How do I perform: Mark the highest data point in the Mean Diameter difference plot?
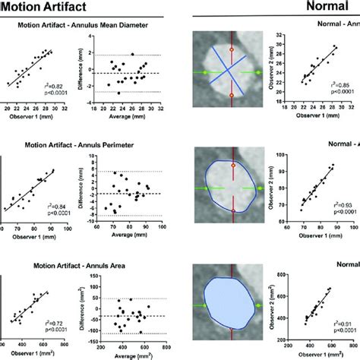132,55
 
